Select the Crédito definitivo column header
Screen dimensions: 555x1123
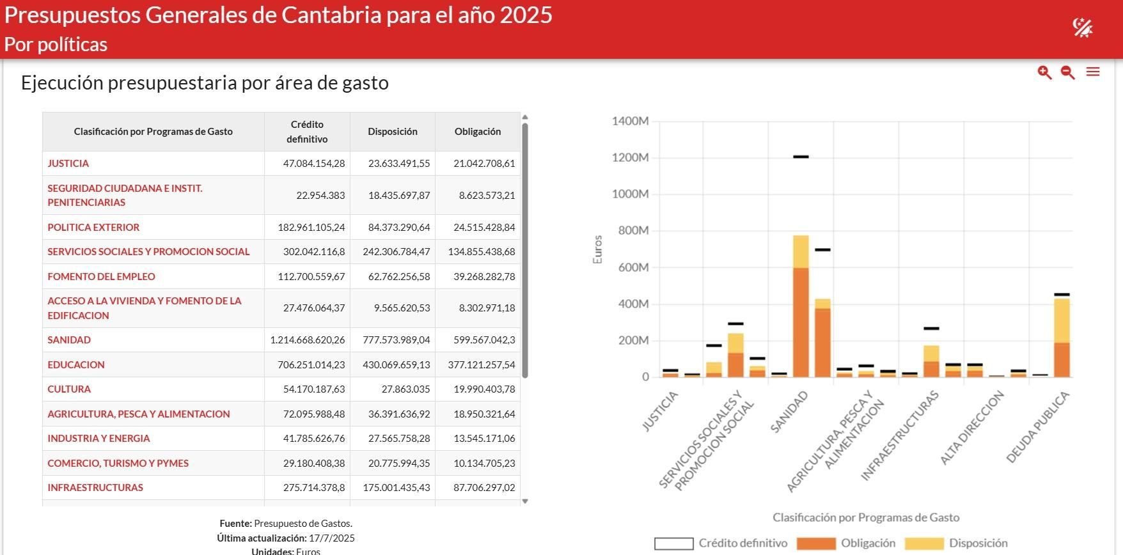point(307,132)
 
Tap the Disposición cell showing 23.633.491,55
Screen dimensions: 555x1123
point(398,164)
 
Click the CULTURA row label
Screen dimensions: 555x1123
point(69,389)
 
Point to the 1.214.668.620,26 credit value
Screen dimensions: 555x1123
point(308,340)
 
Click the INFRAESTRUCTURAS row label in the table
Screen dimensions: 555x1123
point(95,488)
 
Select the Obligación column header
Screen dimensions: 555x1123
point(477,132)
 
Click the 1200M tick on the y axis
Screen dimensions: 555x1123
point(630,157)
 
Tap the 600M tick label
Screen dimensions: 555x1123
point(633,267)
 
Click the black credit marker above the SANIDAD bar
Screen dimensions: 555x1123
point(801,157)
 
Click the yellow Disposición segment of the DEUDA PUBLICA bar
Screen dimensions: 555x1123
point(1062,320)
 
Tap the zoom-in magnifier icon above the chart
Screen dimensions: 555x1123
point(1044,72)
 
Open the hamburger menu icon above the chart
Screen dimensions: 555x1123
point(1093,72)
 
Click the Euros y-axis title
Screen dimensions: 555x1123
point(598,249)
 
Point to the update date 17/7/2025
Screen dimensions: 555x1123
point(331,538)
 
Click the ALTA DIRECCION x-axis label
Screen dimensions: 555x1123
point(972,427)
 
